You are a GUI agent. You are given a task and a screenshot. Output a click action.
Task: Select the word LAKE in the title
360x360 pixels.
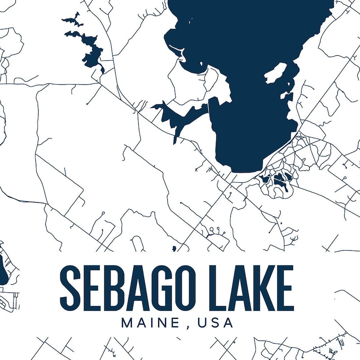[254, 287]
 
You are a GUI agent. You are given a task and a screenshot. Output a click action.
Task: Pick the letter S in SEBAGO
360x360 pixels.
[70, 287]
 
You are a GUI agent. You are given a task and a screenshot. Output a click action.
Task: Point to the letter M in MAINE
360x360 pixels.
[126, 323]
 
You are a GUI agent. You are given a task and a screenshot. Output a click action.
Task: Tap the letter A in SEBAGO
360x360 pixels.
[143, 287]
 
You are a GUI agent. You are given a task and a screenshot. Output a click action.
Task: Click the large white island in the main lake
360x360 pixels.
[277, 73]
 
